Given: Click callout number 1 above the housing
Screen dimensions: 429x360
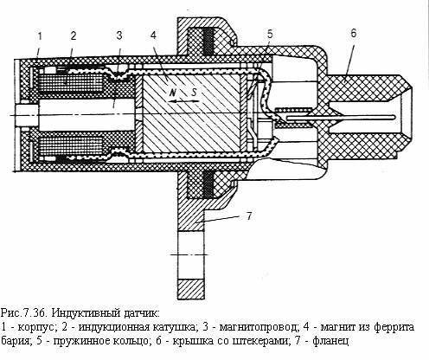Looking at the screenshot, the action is click(x=40, y=36).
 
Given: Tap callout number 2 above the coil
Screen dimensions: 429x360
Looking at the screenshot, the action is click(x=74, y=35).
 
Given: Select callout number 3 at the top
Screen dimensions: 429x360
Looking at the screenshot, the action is click(x=119, y=35).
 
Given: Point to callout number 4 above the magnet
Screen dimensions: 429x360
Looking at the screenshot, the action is click(x=153, y=35).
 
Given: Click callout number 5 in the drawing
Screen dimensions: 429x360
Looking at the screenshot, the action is click(x=270, y=34).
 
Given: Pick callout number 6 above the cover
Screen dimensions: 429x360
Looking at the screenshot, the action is click(x=354, y=33).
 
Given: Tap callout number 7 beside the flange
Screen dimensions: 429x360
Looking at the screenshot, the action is click(x=250, y=215).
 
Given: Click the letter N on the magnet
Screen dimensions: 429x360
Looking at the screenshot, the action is click(x=173, y=93).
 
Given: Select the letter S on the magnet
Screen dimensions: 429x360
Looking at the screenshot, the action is click(x=194, y=92).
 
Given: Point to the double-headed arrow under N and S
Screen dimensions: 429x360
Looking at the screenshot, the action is click(x=183, y=101).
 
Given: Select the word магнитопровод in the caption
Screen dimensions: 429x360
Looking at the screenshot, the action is click(x=258, y=327).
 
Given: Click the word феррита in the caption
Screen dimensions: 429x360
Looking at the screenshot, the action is click(x=394, y=327).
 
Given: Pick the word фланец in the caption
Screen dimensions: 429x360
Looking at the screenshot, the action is click(x=331, y=342).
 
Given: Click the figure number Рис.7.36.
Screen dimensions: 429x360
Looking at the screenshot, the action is click(x=24, y=312).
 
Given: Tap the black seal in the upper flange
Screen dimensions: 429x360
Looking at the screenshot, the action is click(x=208, y=42).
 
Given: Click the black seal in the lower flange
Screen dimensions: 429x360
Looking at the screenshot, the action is click(x=208, y=184).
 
